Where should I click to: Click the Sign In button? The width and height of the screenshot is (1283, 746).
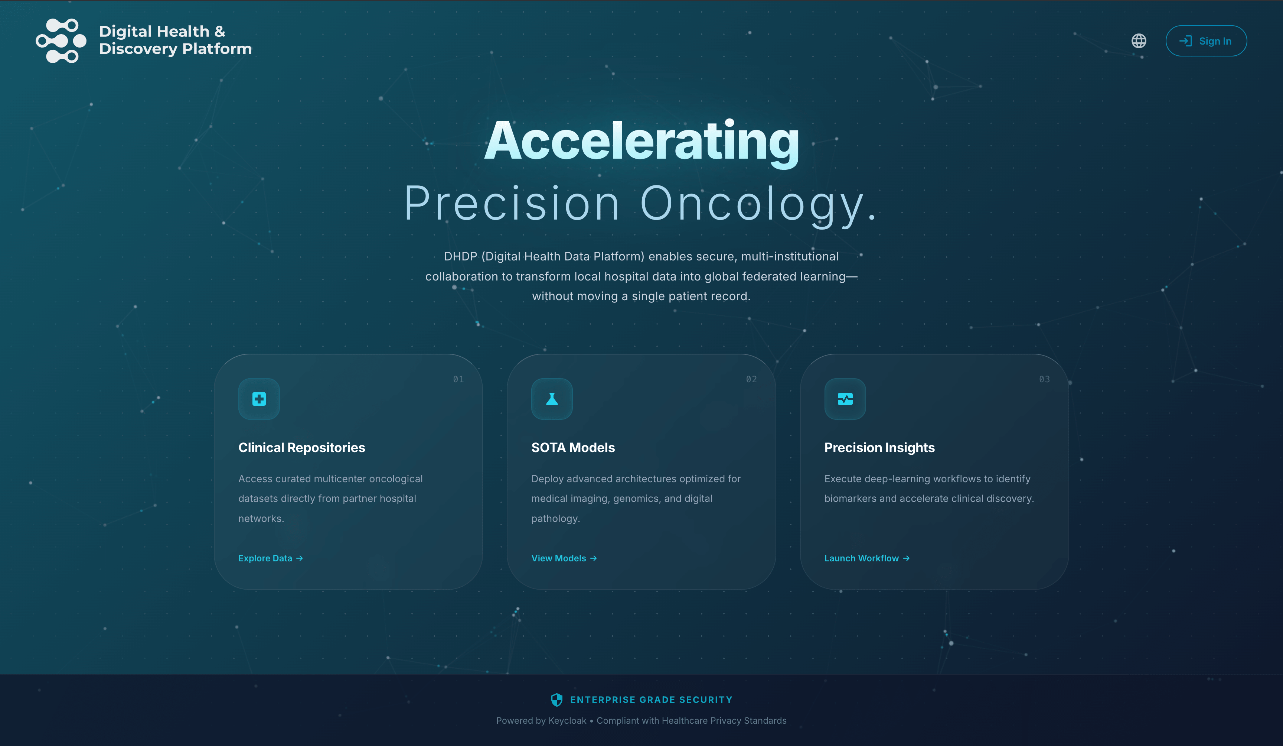(x=1206, y=41)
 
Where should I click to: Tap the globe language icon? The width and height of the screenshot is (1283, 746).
(x=1139, y=41)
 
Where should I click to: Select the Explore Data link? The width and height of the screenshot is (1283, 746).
(x=270, y=558)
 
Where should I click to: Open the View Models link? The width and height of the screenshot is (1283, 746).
(x=564, y=558)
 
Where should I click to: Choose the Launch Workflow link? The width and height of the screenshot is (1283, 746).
(x=866, y=558)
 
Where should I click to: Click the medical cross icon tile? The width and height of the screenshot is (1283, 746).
(x=259, y=399)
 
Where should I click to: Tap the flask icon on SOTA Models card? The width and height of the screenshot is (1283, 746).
(x=552, y=399)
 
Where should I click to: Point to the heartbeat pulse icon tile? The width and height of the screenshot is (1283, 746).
(x=845, y=399)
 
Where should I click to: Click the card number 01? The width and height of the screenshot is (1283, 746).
(x=458, y=379)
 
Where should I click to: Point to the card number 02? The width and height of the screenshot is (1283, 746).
(x=751, y=379)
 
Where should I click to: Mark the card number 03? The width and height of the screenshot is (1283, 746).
(x=1044, y=379)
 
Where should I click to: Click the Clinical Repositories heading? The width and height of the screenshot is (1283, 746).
(x=301, y=447)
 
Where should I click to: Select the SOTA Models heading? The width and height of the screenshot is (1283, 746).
(x=573, y=447)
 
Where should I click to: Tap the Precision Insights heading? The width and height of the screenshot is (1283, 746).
(x=879, y=447)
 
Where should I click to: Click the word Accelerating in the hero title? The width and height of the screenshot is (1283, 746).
(x=641, y=142)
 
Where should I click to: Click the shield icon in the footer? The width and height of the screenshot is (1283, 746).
(x=556, y=700)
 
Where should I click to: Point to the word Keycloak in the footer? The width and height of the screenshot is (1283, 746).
(x=567, y=720)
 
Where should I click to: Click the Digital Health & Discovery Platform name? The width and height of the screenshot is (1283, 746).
(x=175, y=40)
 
